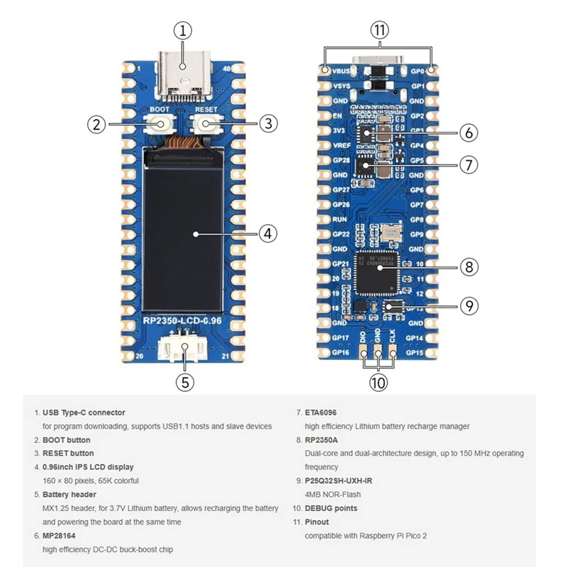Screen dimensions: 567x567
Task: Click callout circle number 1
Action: (x=183, y=30)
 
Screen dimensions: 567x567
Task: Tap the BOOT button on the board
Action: (x=162, y=124)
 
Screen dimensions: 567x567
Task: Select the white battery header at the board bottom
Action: (x=185, y=347)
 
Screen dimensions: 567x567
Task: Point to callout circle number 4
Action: (x=266, y=232)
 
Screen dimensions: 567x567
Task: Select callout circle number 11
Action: (x=380, y=30)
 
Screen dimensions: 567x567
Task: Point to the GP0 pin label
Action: (x=417, y=72)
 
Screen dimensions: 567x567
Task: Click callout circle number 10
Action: (x=378, y=383)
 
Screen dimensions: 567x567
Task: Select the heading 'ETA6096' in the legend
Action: (x=322, y=412)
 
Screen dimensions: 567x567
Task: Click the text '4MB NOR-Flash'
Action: (x=331, y=494)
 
